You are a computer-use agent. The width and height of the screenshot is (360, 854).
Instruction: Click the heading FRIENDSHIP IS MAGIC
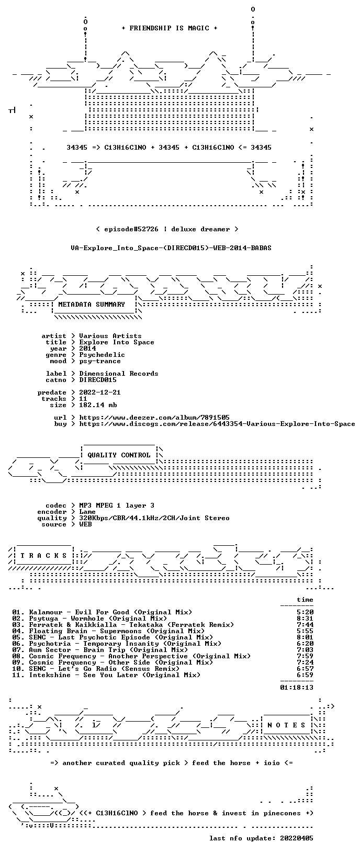170,28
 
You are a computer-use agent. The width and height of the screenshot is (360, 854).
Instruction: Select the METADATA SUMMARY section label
92,304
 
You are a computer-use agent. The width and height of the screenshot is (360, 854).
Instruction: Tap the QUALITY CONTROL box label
119,455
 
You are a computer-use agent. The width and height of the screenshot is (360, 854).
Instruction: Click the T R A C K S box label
43,556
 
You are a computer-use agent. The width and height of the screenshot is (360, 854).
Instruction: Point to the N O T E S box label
286,725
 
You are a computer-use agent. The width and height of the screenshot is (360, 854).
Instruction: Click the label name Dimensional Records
119,374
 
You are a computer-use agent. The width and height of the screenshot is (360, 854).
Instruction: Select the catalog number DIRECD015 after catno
98,380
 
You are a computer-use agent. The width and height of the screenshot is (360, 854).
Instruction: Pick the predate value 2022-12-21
100,392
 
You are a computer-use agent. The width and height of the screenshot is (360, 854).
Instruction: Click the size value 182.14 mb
98,405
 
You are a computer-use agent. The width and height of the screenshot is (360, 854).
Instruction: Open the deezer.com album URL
154,418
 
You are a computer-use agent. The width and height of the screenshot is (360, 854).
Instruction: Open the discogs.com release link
217,423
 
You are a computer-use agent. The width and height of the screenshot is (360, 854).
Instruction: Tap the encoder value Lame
87,512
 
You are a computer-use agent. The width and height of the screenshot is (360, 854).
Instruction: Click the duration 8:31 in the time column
305,619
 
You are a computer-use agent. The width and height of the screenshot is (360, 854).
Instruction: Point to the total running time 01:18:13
297,688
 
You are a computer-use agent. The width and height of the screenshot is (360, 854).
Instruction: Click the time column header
305,600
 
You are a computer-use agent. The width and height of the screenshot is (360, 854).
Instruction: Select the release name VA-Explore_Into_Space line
171,248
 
